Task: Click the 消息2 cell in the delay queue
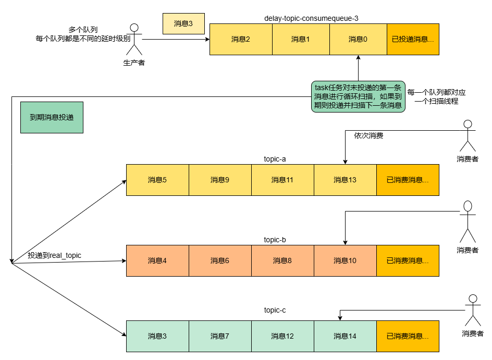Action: pyautogui.click(x=241, y=39)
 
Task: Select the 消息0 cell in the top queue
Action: pyautogui.click(x=358, y=39)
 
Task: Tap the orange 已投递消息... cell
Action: pyautogui.click(x=413, y=39)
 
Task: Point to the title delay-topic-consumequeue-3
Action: pyautogui.click(x=311, y=18)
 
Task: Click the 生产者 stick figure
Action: pyautogui.click(x=134, y=39)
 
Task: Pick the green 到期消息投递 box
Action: pyautogui.click(x=52, y=117)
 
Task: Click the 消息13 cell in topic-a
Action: pyautogui.click(x=345, y=180)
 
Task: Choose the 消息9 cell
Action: pyautogui.click(x=220, y=180)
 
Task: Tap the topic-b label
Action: pyautogui.click(x=275, y=240)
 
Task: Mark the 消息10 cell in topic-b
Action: pyautogui.click(x=345, y=260)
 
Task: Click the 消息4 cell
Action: pyautogui.click(x=157, y=260)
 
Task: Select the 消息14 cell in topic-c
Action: pyautogui.click(x=345, y=336)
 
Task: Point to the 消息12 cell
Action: pyautogui.click(x=282, y=336)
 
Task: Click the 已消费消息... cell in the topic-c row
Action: pyautogui.click(x=408, y=336)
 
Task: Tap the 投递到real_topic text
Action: pyautogui.click(x=55, y=255)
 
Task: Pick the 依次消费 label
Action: pyautogui.click(x=368, y=135)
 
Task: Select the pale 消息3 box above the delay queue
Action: pyautogui.click(x=183, y=23)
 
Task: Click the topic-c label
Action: pyautogui.click(x=275, y=310)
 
